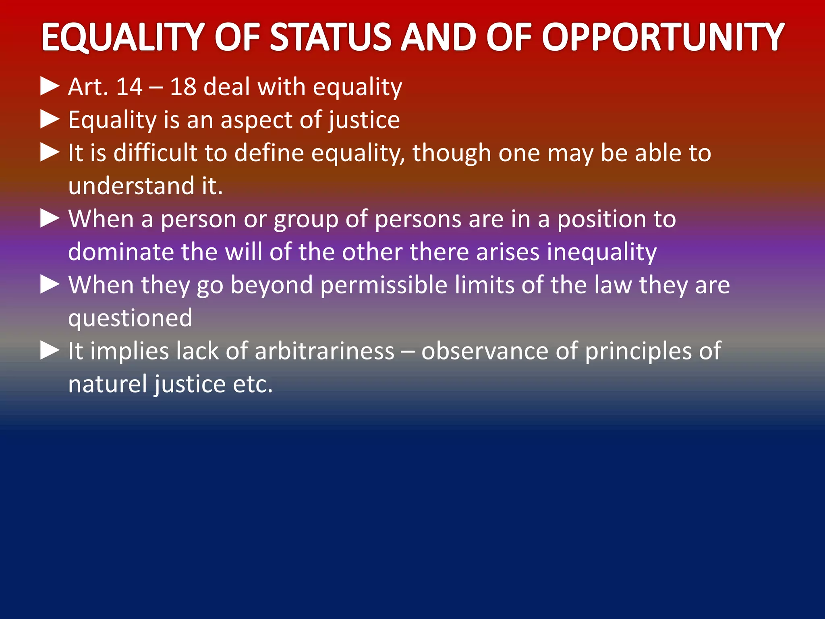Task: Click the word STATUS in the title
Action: [330, 37]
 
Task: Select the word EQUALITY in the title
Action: [122, 37]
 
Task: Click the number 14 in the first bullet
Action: [129, 87]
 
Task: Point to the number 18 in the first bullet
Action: [183, 87]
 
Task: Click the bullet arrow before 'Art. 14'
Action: [50, 87]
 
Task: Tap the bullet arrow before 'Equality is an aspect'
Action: [50, 120]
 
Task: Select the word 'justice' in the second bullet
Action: [364, 120]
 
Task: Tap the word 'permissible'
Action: [384, 285]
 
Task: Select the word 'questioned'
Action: [130, 319]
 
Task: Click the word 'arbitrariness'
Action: [325, 351]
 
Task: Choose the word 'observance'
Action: [485, 351]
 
